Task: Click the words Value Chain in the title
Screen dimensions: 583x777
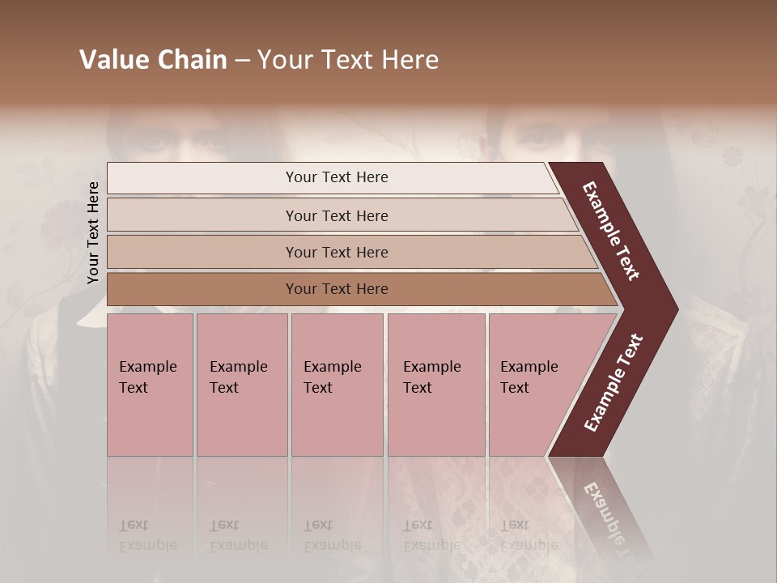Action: pyautogui.click(x=153, y=60)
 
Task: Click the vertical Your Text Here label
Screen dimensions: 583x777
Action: pyautogui.click(x=93, y=232)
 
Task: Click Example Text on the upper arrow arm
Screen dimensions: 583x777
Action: pyautogui.click(x=611, y=231)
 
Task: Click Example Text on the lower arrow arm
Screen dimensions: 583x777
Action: pyautogui.click(x=614, y=383)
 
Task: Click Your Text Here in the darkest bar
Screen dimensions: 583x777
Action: pyautogui.click(x=337, y=289)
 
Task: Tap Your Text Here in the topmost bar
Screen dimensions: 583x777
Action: pyautogui.click(x=337, y=177)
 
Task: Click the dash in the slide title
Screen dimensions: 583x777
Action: pyautogui.click(x=241, y=61)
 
